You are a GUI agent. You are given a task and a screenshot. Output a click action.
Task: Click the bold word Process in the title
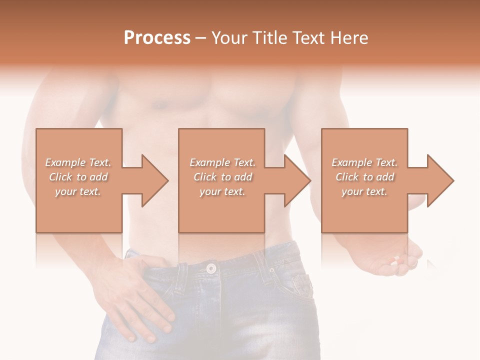click(x=157, y=38)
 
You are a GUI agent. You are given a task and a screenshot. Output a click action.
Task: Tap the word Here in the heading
click(x=349, y=38)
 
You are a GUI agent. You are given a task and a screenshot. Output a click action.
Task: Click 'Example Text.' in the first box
click(x=78, y=162)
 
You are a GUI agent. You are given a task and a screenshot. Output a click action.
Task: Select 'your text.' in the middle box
click(x=222, y=191)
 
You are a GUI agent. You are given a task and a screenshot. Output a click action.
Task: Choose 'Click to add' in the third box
click(x=365, y=177)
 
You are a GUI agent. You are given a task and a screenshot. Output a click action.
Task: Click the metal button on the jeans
click(x=211, y=268)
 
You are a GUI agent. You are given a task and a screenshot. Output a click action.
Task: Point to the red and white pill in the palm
click(x=396, y=261)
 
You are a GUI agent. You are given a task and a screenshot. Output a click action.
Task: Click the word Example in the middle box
click(x=209, y=162)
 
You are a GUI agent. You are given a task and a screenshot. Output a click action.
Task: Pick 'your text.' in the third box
click(x=364, y=191)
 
